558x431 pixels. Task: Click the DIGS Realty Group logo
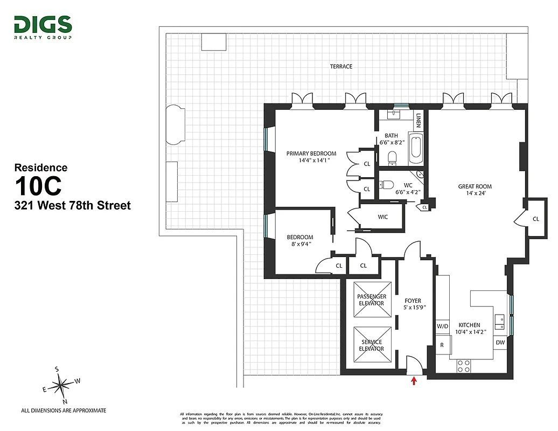pos(43,27)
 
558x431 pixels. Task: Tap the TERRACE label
pos(341,66)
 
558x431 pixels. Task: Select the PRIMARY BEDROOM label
pos(311,154)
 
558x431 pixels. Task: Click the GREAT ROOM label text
pos(475,187)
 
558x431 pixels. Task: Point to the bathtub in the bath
pos(415,150)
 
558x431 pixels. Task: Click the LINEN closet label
pos(418,120)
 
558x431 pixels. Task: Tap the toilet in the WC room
pos(386,185)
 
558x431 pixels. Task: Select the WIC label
pos(382,217)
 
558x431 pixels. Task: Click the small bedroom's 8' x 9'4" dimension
pos(299,244)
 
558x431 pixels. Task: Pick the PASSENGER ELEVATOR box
pos(372,300)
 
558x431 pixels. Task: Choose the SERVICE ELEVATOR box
pos(372,345)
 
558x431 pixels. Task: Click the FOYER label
pos(413,301)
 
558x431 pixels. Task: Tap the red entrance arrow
pos(414,381)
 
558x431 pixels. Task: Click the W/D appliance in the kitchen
pos(442,326)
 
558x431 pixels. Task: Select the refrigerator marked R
pos(442,345)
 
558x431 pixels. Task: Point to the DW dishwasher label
pos(499,342)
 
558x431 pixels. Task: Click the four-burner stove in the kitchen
pos(463,366)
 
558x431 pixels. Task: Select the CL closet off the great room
pos(535,219)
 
